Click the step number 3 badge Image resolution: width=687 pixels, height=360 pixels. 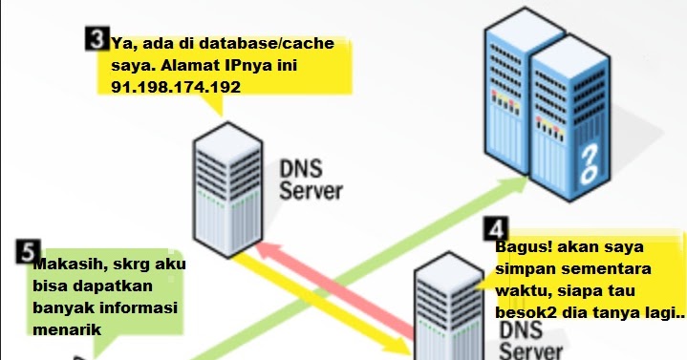95,38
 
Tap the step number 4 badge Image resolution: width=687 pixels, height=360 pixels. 495,229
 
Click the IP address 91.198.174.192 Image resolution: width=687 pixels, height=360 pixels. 168,86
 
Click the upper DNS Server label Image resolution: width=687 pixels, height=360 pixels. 310,178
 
